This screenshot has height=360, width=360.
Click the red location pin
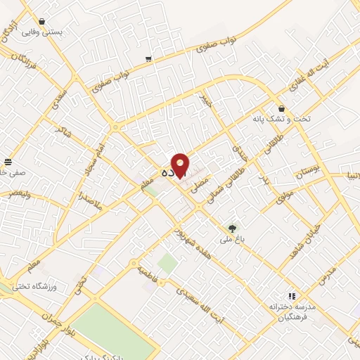click(181, 165)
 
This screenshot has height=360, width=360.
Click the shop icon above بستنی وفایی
click(41, 22)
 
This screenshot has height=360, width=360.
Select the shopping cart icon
click(148, 59)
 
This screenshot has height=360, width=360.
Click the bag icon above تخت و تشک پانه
click(282, 109)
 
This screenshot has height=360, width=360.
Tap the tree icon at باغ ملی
click(231, 227)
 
